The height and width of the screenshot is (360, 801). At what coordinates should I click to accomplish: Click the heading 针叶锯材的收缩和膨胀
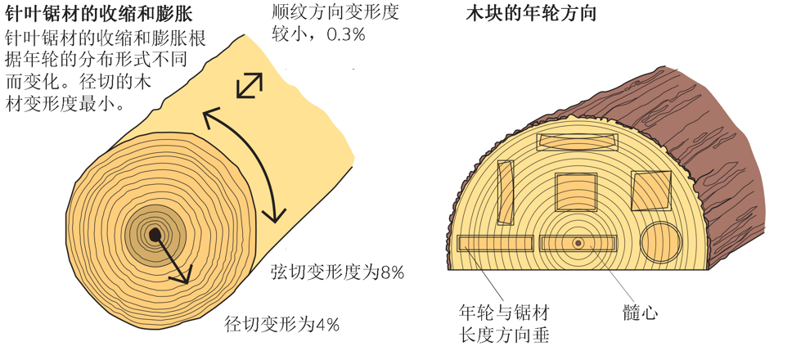coord(99,14)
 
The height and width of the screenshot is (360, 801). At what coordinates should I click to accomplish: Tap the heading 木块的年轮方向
coord(531,13)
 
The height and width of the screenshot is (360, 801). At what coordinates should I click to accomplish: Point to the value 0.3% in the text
coord(346,34)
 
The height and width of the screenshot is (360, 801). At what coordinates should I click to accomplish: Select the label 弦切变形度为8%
coord(337,273)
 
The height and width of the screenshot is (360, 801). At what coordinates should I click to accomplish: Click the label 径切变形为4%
coord(282,324)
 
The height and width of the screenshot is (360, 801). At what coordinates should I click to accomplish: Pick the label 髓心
coord(640,312)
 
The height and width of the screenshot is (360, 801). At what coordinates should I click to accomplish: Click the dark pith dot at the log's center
coord(155,235)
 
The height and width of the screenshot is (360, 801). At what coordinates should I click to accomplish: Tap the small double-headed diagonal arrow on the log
coord(250,85)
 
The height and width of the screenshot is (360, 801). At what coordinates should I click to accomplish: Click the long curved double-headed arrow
coord(259,153)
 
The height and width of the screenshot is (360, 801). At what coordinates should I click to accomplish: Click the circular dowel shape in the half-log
coord(661,242)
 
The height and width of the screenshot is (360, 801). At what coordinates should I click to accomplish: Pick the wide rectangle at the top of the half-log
coord(578,142)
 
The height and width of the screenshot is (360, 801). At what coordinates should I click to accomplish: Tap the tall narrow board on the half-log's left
coord(506,192)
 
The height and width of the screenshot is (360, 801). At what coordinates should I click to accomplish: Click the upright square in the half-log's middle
coord(576,192)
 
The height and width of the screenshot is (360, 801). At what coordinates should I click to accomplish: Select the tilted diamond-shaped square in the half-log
coord(650,191)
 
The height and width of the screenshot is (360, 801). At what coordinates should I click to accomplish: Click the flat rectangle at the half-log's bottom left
coord(495,244)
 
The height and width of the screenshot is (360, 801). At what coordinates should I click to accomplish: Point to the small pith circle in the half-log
coord(578,243)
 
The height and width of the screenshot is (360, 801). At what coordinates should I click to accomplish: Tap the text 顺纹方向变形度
coord(335,11)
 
